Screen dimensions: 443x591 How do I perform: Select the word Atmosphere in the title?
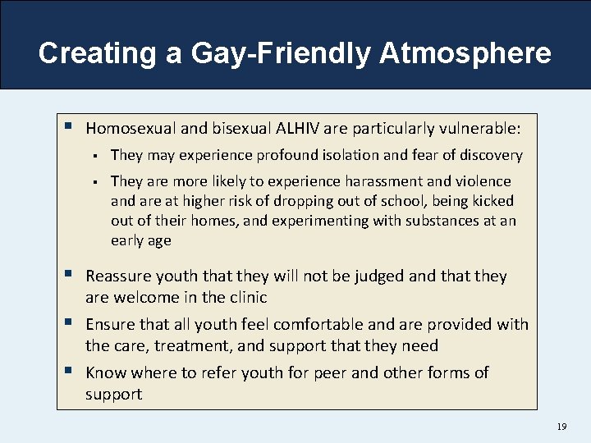[465, 53]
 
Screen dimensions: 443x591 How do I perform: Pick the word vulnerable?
[478, 128]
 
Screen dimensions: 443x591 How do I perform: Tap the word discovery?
[490, 155]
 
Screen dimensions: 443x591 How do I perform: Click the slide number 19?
[562, 427]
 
